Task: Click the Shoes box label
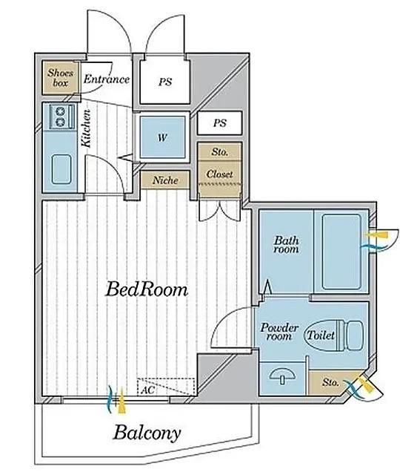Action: pos(61,77)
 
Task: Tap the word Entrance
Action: pos(107,79)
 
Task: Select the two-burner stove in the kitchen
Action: pos(61,117)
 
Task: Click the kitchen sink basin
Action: pos(61,169)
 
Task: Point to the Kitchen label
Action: pos(86,128)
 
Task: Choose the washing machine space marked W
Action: pos(163,137)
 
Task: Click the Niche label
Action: pos(165,180)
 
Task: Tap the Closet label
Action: pos(219,174)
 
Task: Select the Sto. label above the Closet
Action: pos(220,151)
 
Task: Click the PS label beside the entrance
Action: pos(165,82)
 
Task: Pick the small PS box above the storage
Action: pos(219,123)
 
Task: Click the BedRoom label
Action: pos(147,289)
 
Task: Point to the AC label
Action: pos(148,390)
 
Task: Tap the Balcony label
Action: pos(147,433)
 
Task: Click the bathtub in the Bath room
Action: pos(341,252)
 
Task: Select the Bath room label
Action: pos(286,245)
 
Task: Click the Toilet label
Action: pos(321,335)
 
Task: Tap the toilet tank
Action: pos(354,335)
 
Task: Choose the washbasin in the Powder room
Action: pos(282,376)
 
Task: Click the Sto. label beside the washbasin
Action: pos(330,382)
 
